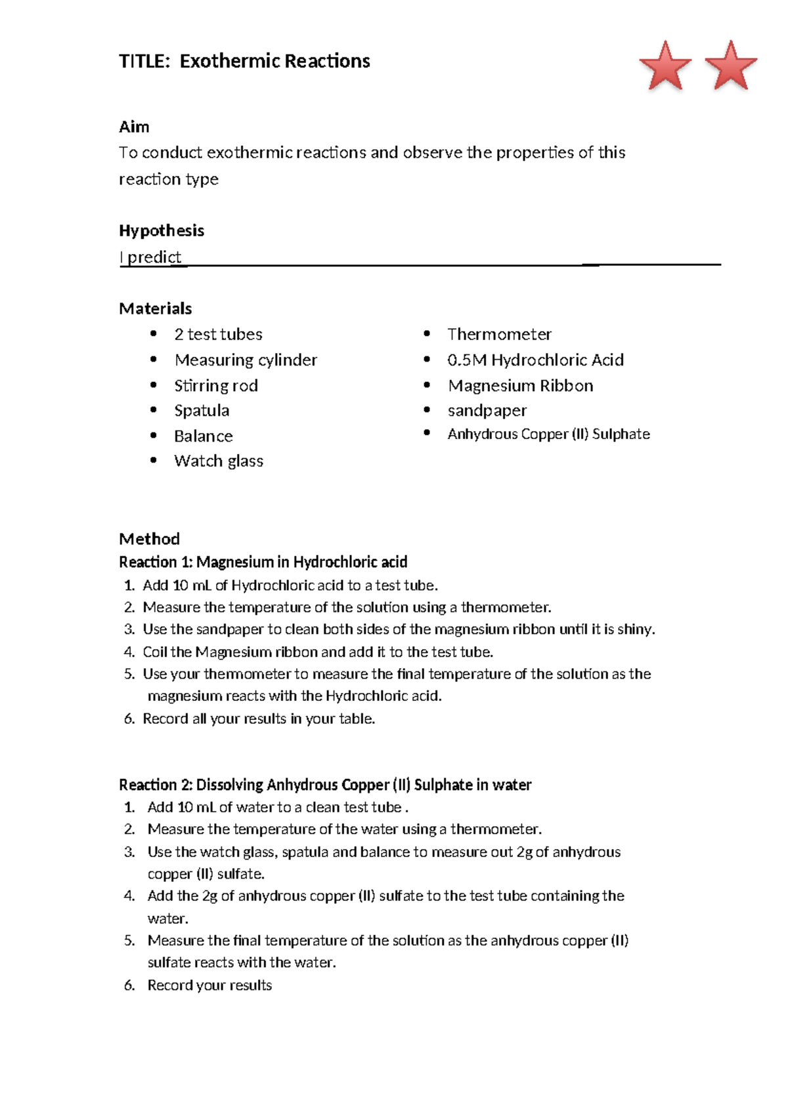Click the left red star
coord(665,66)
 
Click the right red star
coord(731,66)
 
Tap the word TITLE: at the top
coord(144,61)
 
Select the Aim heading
coord(134,127)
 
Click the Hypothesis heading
coord(162,230)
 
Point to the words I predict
coord(150,257)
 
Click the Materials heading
coord(156,308)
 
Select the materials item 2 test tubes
coord(218,334)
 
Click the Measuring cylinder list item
coord(246,360)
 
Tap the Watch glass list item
coord(219,461)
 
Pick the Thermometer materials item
coord(499,334)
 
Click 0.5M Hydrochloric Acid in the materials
coord(535,360)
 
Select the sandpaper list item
coord(487,411)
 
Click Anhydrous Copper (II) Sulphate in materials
coord(548,434)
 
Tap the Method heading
coord(149,539)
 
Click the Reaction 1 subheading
coord(263,562)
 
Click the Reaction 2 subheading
coord(325,785)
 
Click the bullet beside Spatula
coord(154,410)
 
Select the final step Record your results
coord(209,985)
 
